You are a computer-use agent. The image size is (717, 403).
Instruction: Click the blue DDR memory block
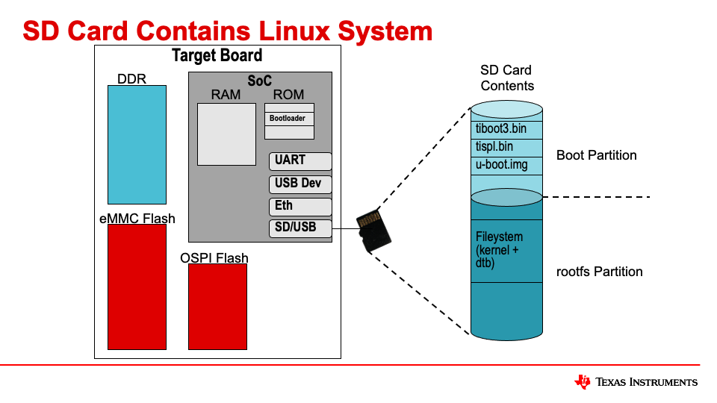tap(137, 144)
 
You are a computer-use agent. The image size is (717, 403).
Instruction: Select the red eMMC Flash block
tap(137, 287)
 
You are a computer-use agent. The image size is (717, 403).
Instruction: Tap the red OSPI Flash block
tap(217, 306)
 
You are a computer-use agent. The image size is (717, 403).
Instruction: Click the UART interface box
tap(299, 161)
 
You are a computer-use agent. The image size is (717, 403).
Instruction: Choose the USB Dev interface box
tap(299, 184)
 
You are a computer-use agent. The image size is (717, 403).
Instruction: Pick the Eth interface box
tap(299, 207)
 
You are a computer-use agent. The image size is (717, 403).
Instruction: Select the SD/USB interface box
tap(299, 228)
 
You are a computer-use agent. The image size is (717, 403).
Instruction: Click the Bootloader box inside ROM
tap(289, 119)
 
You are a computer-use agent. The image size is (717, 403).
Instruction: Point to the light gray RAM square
tap(226, 134)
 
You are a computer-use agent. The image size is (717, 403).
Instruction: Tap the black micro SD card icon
tap(374, 231)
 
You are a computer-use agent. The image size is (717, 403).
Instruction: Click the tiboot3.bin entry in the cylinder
tap(501, 128)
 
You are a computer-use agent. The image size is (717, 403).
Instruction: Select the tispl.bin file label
tap(494, 146)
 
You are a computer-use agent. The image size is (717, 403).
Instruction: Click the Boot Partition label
tap(596, 155)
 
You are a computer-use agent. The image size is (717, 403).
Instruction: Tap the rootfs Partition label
tap(599, 272)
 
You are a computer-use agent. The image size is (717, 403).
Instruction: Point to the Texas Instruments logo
tap(636, 382)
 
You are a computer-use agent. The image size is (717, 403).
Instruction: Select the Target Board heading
tap(217, 56)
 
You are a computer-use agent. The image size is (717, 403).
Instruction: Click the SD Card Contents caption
tap(506, 78)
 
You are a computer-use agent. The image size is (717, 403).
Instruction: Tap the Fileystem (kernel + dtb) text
tap(500, 250)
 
